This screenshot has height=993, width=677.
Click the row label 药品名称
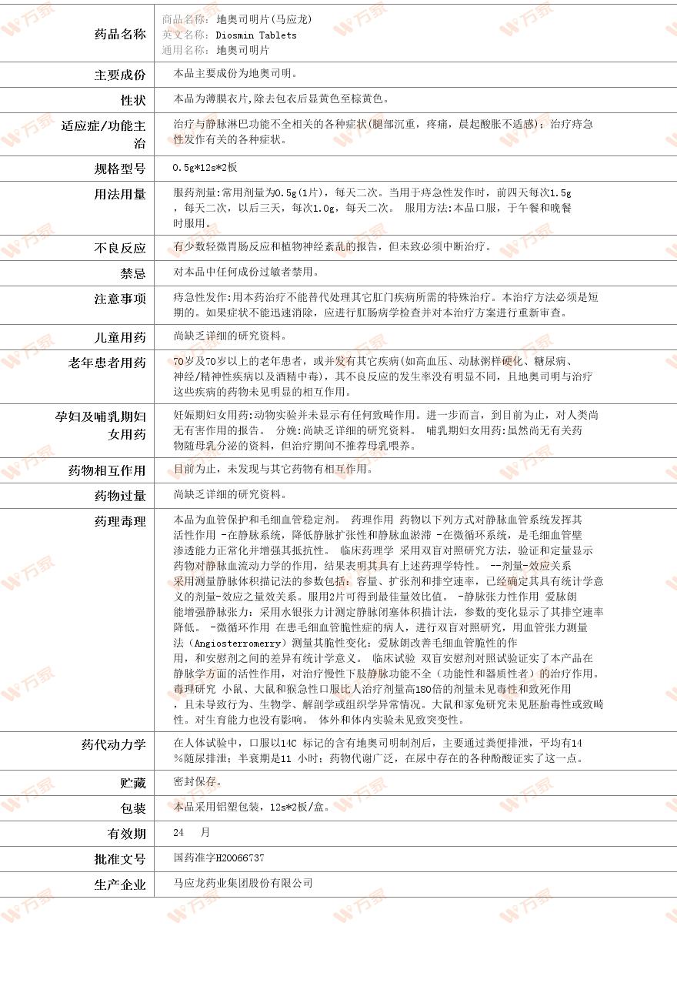point(119,34)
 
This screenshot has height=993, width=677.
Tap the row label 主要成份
point(119,75)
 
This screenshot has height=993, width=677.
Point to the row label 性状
point(132,100)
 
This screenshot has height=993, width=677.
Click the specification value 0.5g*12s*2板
point(205,168)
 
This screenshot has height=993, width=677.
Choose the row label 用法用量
point(119,194)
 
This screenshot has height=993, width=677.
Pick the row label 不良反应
point(119,248)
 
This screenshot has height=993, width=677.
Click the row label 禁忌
point(132,273)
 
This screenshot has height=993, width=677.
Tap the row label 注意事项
point(119,299)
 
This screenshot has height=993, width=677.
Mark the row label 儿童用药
point(119,337)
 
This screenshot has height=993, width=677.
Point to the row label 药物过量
point(119,496)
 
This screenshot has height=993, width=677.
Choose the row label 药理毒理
point(119,521)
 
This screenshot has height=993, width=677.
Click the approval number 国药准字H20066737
point(219,858)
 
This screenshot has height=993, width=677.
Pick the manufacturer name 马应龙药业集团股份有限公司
point(243,884)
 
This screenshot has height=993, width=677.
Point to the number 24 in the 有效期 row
point(179,833)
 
